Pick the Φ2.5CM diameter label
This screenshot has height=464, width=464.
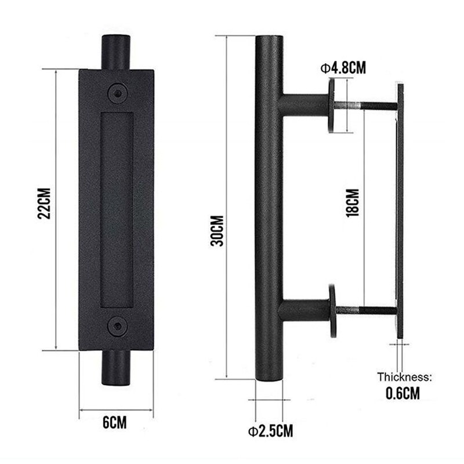(x=270, y=431)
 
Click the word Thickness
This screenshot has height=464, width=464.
(x=405, y=376)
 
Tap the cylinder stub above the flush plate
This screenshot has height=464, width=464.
(x=117, y=52)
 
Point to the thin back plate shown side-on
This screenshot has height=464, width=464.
(x=400, y=209)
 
